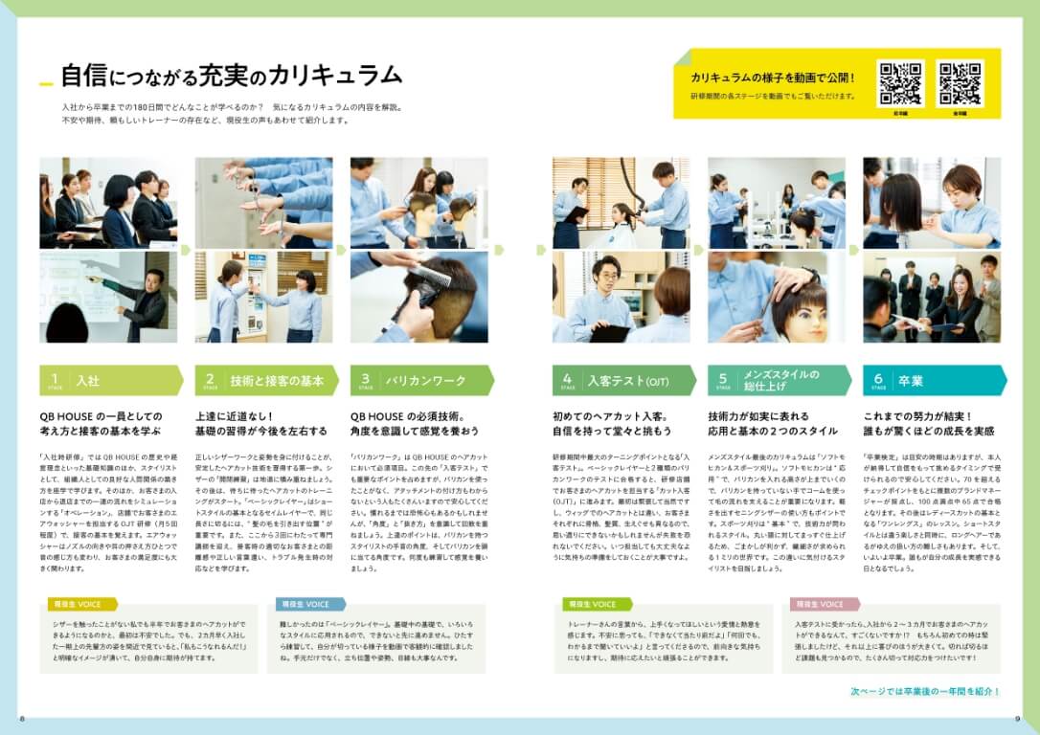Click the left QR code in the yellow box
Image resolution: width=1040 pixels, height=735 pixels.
(900, 83)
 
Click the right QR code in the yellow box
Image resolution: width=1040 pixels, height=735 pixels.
(960, 83)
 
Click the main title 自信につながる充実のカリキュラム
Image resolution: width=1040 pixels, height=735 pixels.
(231, 77)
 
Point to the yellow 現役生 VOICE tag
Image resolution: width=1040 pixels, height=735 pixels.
(82, 604)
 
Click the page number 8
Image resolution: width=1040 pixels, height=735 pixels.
(21, 719)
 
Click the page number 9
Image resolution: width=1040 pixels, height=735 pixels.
(1017, 719)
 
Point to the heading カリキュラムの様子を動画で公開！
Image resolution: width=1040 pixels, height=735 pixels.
(773, 78)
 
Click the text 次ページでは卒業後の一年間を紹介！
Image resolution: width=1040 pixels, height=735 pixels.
(925, 691)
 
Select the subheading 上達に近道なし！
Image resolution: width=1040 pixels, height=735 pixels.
(234, 417)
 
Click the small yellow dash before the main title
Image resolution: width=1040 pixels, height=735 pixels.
(46, 84)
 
